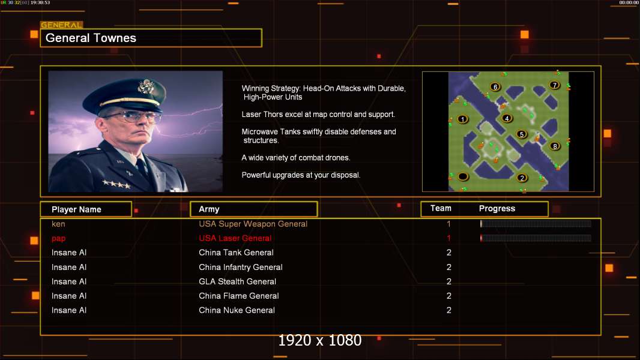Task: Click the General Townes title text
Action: (91, 38)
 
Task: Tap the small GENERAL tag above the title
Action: (61, 25)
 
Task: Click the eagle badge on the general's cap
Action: (146, 86)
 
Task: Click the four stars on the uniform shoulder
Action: (116, 184)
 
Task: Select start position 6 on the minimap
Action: (495, 87)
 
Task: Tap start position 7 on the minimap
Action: (554, 85)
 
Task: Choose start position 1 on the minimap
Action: (462, 119)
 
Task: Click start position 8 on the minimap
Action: (555, 146)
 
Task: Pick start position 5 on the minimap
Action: (521, 134)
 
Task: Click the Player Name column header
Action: (76, 209)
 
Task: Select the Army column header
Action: (209, 209)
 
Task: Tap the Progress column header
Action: (497, 208)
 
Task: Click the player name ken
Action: (58, 224)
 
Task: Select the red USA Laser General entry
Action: (235, 238)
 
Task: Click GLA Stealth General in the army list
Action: (238, 281)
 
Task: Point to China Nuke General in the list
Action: (237, 310)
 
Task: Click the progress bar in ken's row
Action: (536, 223)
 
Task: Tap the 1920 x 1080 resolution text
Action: (320, 340)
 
